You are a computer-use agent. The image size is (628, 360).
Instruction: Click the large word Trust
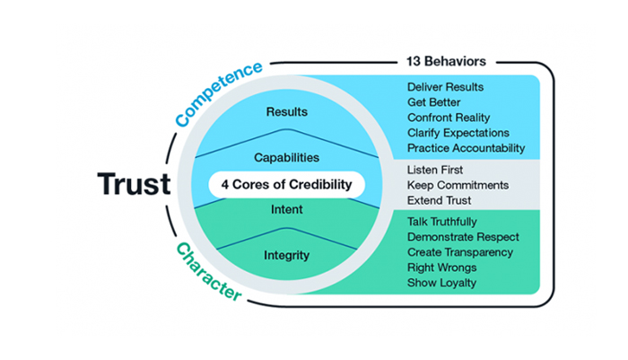pos(135,184)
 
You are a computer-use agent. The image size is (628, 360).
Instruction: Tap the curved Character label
pos(209,271)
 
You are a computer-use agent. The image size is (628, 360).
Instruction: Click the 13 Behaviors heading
pos(446,61)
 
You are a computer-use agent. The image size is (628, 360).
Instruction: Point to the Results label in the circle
pos(287,111)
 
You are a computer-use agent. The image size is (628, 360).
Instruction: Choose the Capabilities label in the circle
pos(287,157)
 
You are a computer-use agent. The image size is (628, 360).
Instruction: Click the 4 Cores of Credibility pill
pos(287,184)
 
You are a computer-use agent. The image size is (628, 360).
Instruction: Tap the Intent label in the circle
pos(287,209)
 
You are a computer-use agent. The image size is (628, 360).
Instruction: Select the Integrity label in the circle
pos(287,255)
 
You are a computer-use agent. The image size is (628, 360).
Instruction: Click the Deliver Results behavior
pos(445,87)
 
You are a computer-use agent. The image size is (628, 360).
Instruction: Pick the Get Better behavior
pos(433,102)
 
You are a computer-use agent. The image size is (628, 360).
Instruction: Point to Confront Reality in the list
pos(449,118)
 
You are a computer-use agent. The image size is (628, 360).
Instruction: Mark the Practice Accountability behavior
pos(467,148)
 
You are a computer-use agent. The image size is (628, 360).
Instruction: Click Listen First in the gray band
pos(435,170)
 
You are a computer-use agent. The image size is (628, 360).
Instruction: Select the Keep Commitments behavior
pos(458,185)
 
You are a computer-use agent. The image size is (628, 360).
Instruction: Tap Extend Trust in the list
pos(439,200)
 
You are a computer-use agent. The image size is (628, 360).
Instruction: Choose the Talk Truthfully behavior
pos(441,222)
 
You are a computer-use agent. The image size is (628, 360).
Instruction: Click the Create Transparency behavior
pos(460,252)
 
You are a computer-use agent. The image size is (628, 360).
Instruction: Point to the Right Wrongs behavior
pos(441,268)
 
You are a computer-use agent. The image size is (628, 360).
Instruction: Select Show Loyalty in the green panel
pos(441,283)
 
